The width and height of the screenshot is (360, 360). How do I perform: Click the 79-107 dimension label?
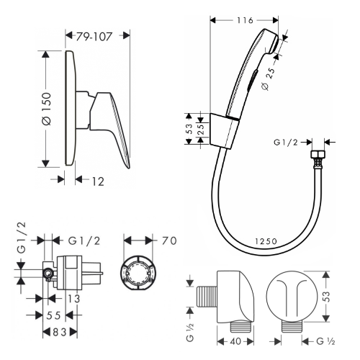(x=94, y=37)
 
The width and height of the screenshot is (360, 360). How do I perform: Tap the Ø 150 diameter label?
(x=46, y=109)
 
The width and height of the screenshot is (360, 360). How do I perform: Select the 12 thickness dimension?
(x=98, y=181)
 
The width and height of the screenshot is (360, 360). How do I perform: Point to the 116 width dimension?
(x=245, y=20)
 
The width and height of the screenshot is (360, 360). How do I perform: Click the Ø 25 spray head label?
(x=268, y=79)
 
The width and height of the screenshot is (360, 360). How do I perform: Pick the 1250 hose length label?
(x=266, y=241)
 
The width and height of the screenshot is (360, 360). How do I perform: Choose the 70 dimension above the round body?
(x=169, y=240)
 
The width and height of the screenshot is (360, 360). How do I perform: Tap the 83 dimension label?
(x=60, y=333)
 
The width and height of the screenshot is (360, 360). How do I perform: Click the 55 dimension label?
(x=53, y=315)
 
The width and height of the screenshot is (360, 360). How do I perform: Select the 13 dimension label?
(x=74, y=299)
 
